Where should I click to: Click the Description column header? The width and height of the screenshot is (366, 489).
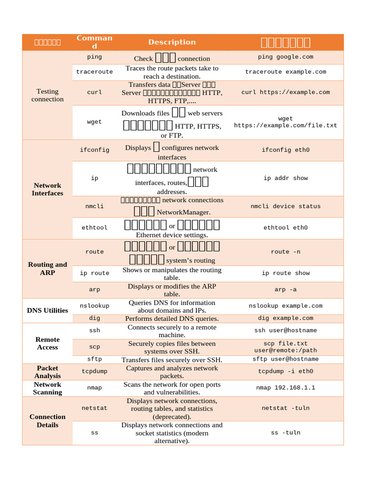pyautogui.click(x=172, y=42)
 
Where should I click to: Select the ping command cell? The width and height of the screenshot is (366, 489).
pyautogui.click(x=94, y=57)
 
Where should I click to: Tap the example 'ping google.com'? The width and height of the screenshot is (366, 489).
pyautogui.click(x=285, y=57)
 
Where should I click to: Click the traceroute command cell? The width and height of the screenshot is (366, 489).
pyautogui.click(x=94, y=72)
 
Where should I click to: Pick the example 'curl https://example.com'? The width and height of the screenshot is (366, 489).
pyautogui.click(x=285, y=92)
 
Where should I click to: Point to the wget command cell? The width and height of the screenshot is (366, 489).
pyautogui.click(x=94, y=122)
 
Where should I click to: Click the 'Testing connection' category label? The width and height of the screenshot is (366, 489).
pyautogui.click(x=47, y=95)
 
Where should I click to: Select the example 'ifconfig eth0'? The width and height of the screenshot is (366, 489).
pyautogui.click(x=285, y=150)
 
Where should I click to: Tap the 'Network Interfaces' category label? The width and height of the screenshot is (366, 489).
pyautogui.click(x=47, y=189)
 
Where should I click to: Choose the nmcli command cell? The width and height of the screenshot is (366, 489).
pyautogui.click(x=94, y=206)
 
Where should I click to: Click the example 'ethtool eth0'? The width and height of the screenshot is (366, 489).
pyautogui.click(x=285, y=228)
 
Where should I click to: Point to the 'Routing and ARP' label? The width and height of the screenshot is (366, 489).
pyautogui.click(x=47, y=268)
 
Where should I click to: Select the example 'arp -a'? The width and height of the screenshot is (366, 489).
pyautogui.click(x=285, y=289)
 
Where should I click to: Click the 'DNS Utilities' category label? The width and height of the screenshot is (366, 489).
pyautogui.click(x=47, y=310)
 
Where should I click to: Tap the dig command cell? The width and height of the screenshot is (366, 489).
pyautogui.click(x=94, y=318)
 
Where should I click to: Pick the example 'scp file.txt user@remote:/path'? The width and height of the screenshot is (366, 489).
pyautogui.click(x=285, y=347)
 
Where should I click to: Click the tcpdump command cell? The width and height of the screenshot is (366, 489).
pyautogui.click(x=94, y=371)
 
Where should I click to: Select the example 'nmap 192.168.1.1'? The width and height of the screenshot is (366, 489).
pyautogui.click(x=285, y=388)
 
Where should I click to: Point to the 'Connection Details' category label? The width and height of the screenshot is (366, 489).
pyautogui.click(x=47, y=421)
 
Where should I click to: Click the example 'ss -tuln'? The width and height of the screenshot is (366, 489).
pyautogui.click(x=285, y=433)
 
